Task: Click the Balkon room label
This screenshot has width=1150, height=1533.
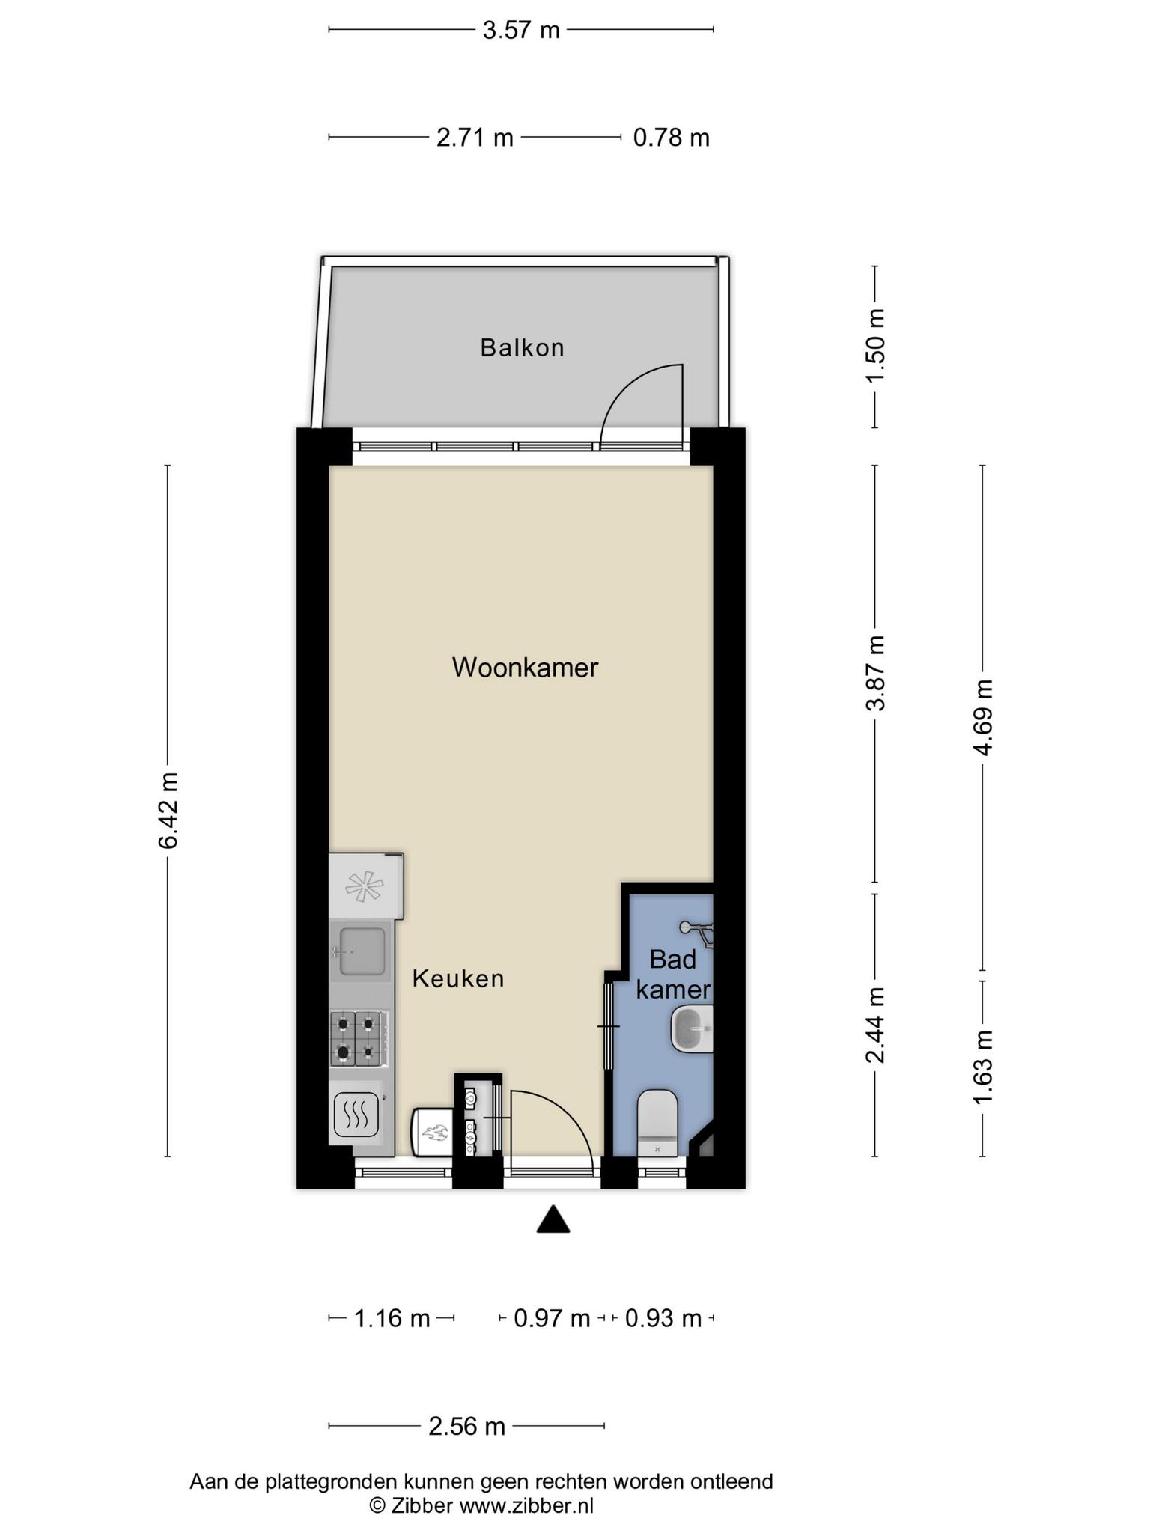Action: click(522, 348)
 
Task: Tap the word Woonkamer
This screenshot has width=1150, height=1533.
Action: click(525, 667)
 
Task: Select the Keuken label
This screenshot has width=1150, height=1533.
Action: click(458, 978)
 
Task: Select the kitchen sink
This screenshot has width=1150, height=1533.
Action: click(361, 951)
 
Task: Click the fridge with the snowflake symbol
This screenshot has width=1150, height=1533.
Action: click(366, 886)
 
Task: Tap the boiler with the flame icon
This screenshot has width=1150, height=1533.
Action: click(431, 1133)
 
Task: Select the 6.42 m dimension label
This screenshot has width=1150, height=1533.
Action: click(168, 810)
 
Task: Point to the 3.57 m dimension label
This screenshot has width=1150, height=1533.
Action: click(521, 30)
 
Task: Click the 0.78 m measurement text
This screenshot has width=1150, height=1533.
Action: click(671, 138)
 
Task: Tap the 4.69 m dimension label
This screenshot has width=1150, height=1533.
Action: click(983, 717)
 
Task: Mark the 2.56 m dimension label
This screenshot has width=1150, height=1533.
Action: click(466, 1426)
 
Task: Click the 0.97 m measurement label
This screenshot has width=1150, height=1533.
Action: click(552, 1318)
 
